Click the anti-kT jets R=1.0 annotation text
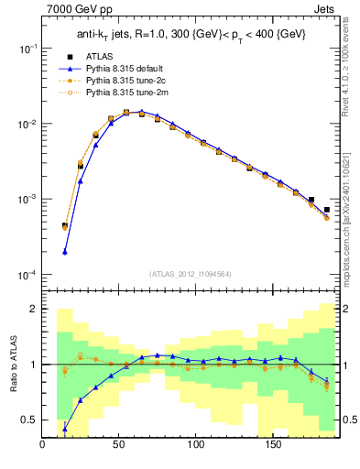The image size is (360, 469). (191, 34)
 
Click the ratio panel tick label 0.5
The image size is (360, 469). (30, 420)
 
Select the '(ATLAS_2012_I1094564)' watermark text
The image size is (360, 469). (191, 273)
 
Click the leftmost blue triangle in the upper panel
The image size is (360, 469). (65, 252)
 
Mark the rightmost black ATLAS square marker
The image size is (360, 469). (327, 210)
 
